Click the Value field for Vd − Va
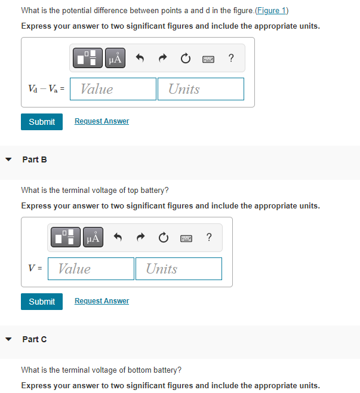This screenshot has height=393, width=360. (113, 89)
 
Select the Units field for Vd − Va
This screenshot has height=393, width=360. (201, 89)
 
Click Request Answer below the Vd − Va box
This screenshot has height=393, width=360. (101, 121)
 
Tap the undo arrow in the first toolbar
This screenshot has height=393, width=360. (140, 58)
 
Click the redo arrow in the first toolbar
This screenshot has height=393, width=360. (162, 58)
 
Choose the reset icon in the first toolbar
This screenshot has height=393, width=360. (185, 58)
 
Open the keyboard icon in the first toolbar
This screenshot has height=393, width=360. (208, 58)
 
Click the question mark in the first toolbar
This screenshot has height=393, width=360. (231, 58)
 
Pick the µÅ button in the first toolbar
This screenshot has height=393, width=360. (115, 58)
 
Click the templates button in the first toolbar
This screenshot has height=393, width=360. (88, 58)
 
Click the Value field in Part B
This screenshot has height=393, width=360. (91, 269)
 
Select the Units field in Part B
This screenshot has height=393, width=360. (179, 269)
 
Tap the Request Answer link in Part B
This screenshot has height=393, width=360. (101, 301)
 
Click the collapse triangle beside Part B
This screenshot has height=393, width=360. (8, 159)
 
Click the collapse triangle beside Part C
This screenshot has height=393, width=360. (8, 339)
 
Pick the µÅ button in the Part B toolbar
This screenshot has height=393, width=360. (93, 238)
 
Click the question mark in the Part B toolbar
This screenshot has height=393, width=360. (208, 238)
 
